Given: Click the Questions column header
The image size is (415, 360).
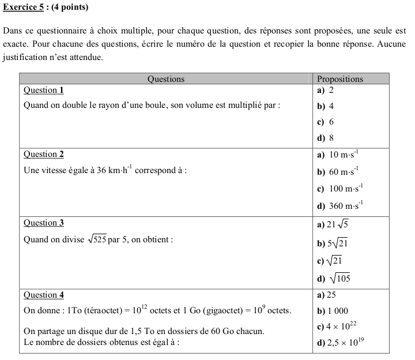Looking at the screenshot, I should point(166,79).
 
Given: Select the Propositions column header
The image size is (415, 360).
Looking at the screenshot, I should point(340,79).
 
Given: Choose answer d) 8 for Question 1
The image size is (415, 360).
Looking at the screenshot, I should point(326,138).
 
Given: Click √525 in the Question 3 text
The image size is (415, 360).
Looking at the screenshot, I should point(96,239).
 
